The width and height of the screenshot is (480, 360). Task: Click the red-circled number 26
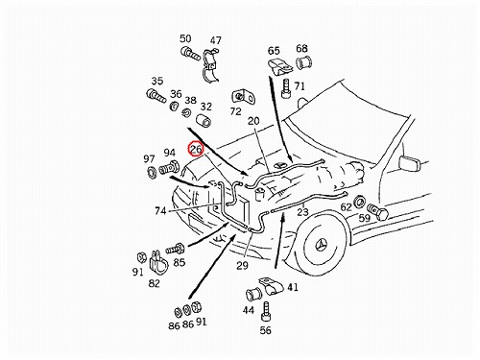point(196,149)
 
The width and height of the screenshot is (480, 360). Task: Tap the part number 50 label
point(185,38)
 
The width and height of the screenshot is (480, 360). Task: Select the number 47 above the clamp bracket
point(215,40)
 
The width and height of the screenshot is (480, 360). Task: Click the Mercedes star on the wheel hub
point(322,246)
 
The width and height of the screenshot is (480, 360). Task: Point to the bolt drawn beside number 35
point(156,96)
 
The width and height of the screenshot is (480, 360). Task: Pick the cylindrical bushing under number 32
point(204,120)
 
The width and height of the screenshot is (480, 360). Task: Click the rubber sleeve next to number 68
point(304,62)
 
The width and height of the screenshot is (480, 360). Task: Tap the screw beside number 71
point(286,88)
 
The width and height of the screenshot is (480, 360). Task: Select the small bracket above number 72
point(243,97)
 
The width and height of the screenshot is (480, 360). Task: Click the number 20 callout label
point(253,121)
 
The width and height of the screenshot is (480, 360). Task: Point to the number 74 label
point(160,211)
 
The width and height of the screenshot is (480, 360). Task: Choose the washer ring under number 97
point(151,172)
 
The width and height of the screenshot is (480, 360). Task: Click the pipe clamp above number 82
point(158,261)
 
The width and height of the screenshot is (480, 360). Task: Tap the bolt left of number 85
point(175,249)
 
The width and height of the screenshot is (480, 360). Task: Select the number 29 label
point(242,265)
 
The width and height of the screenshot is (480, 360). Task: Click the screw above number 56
point(266,312)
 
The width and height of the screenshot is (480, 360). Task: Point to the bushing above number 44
point(253,295)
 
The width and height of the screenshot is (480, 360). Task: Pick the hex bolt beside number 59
point(377,212)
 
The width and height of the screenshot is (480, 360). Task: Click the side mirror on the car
point(410,163)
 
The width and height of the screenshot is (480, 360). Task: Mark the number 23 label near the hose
point(302,212)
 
